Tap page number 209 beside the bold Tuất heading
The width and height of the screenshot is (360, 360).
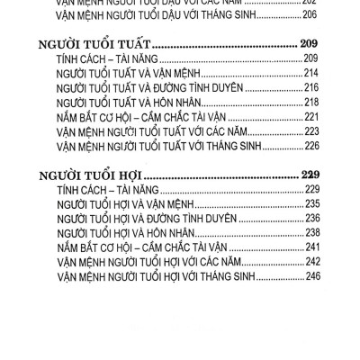tap(309, 42)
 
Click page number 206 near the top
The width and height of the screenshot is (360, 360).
tap(310, 13)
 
